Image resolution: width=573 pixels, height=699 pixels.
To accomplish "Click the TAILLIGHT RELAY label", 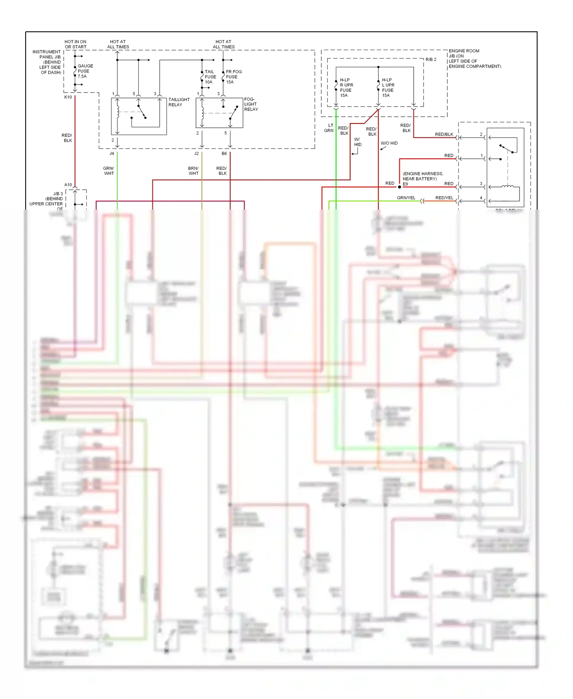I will (x=179, y=102).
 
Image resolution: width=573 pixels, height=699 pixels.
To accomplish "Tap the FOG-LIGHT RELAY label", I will (x=251, y=104).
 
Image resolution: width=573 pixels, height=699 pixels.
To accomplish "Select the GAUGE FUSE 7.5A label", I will (x=85, y=71).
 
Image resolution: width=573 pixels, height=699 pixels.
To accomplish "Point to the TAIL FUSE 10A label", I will (x=210, y=77).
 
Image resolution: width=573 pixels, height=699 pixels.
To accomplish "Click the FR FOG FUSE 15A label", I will (x=233, y=77).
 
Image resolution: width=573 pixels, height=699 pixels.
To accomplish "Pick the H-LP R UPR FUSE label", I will (x=346, y=88).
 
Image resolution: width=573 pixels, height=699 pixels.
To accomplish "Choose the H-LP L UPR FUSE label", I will (x=388, y=88).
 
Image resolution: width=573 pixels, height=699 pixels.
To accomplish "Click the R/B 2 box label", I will (x=431, y=60).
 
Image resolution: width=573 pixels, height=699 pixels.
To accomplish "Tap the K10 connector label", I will (x=68, y=97).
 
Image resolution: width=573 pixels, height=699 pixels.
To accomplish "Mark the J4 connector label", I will (x=112, y=153).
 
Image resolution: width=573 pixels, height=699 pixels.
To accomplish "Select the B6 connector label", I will (x=224, y=153).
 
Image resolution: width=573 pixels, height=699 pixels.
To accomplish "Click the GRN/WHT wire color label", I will (x=108, y=171).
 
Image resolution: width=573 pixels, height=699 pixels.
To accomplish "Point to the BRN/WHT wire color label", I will (x=193, y=171).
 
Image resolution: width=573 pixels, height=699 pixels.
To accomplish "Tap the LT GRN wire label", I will (x=329, y=128).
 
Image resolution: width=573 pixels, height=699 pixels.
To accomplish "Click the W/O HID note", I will (x=389, y=143).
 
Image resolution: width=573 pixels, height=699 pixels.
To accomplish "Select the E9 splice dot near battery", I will (x=400, y=187).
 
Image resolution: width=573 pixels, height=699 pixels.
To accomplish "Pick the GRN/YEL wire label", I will (x=406, y=198).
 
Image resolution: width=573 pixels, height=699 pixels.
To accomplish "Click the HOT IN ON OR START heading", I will (x=75, y=44).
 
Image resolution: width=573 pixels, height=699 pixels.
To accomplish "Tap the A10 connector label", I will (x=68, y=185).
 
